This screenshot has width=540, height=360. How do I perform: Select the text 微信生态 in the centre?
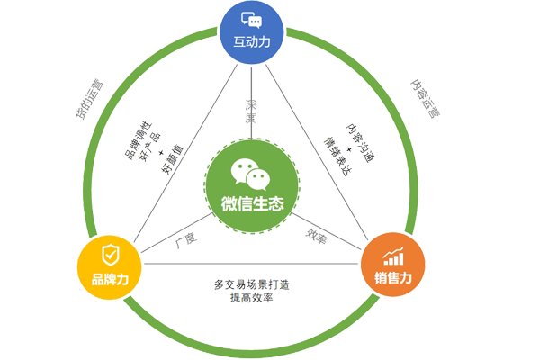[x=252, y=203]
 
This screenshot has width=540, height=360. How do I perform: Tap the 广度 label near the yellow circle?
[x=186, y=237]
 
